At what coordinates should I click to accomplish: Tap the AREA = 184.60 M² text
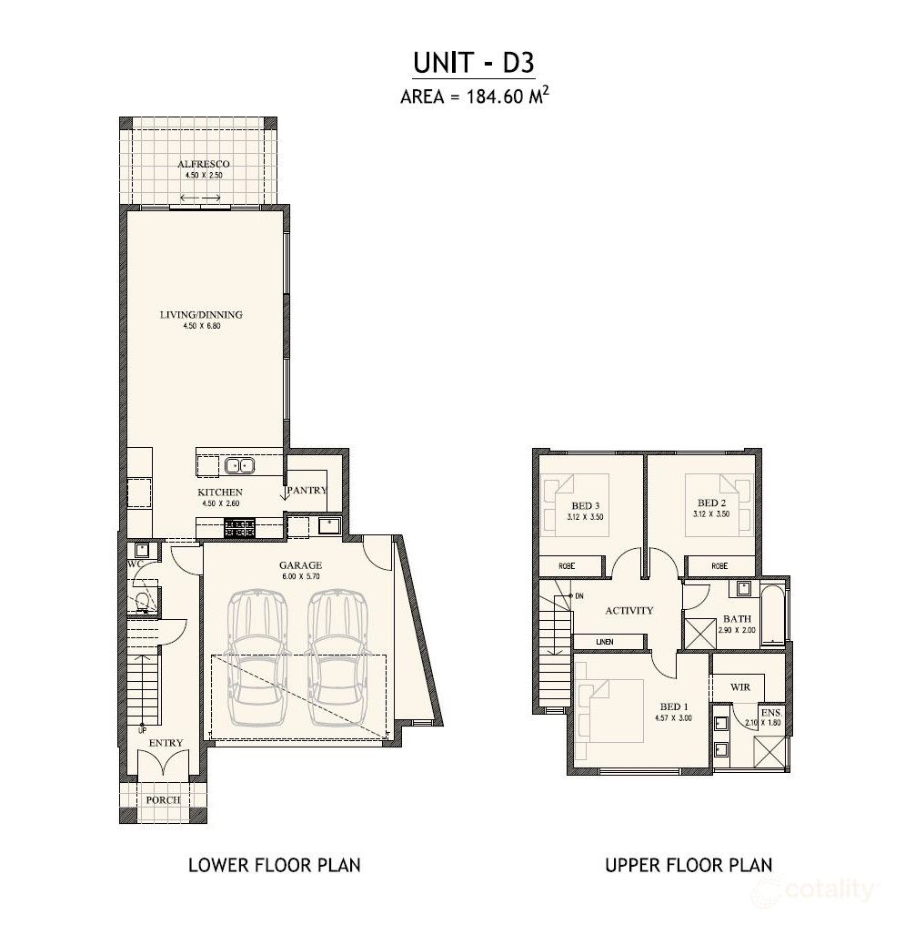473,97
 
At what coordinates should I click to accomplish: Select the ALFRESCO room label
203,164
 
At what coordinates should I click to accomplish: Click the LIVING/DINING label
201,315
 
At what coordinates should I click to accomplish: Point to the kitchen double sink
240,466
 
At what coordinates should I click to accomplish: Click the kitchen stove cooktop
240,525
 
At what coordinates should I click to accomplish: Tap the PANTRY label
307,490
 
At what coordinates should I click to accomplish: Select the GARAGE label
300,565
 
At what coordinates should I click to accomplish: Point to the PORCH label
164,800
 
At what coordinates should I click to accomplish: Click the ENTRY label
166,743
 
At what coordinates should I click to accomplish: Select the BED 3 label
585,506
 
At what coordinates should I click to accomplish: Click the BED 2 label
710,503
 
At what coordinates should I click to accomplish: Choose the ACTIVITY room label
628,611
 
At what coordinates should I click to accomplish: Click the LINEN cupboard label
604,642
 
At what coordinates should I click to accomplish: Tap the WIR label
740,686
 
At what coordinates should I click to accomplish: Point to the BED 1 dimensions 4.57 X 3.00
674,717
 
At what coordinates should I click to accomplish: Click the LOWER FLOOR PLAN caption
274,865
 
